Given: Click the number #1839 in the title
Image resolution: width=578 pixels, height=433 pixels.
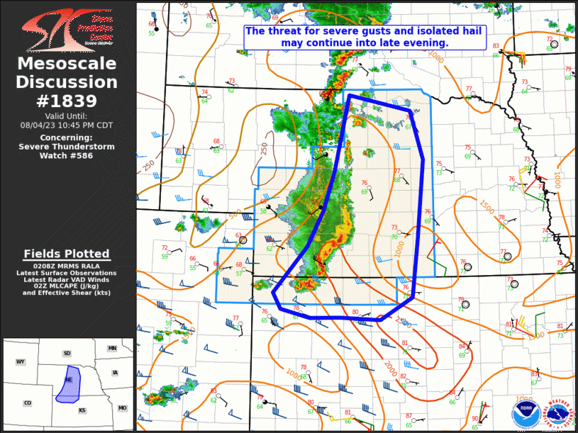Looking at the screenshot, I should pos(67,101).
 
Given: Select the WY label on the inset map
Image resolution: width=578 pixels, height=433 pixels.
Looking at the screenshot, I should pos(21,362).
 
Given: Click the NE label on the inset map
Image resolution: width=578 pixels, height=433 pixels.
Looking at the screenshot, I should pos(69,379).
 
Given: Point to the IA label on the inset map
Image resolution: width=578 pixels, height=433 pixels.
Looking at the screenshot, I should pos(115,373).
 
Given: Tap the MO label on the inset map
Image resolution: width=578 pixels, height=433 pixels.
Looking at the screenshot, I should pos(122,408).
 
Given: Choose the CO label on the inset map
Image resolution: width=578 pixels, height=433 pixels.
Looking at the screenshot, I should pos(28,403).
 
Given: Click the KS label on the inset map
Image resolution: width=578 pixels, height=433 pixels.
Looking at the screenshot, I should pos(82,410).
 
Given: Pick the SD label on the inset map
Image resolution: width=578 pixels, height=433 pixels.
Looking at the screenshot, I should pos(67,353).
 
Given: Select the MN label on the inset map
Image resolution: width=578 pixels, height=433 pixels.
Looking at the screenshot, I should pos(112,349).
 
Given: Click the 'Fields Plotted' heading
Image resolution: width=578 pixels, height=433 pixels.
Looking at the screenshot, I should pos(67,254).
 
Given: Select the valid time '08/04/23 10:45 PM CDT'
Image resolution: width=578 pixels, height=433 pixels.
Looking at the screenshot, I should pos(67,125).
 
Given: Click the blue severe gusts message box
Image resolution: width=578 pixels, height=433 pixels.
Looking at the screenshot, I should pos(365,37).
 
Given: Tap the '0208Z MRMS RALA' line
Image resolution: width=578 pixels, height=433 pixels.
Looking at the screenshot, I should pos(67,266).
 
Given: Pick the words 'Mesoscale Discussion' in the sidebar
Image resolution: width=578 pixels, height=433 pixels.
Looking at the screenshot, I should pos(67,73).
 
